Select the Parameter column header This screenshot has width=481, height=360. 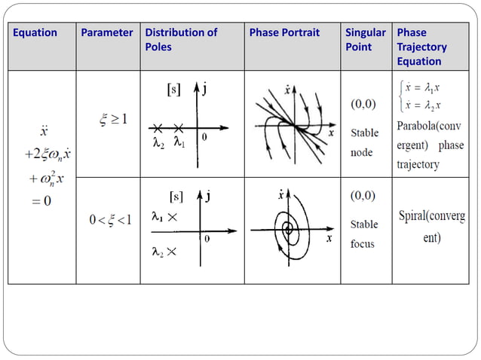pos(107,33)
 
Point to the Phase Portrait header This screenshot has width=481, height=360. pos(284,33)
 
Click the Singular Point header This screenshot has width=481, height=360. pos(365,40)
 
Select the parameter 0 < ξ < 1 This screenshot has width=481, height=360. pos(110,220)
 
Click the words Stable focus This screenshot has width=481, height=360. pos(365,233)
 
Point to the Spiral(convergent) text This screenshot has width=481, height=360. pos(430,226)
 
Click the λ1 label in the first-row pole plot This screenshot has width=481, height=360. pos(178,142)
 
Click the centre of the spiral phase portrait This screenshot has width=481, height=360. pos(287,228)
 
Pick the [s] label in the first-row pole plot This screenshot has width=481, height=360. pos(173,90)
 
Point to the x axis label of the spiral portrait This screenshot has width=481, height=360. pos(329,239)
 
